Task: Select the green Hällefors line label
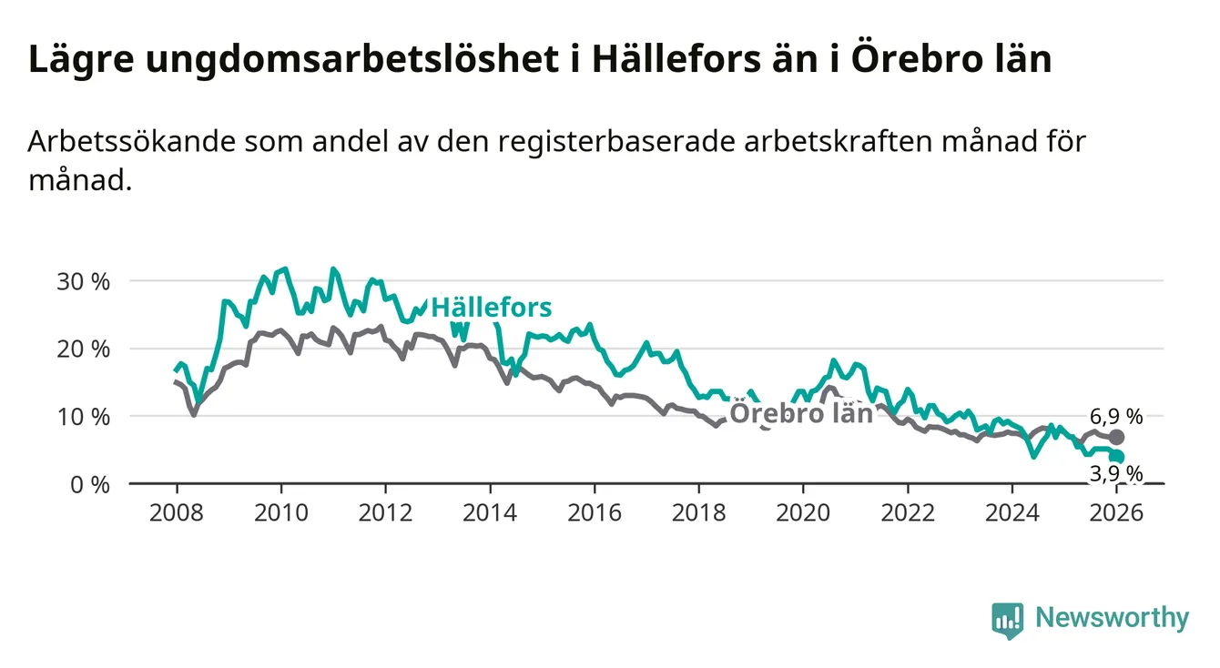491,308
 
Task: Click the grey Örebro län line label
801,413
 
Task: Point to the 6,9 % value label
1115,417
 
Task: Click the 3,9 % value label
1115,473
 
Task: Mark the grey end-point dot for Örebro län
1117,437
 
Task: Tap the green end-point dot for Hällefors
1117,457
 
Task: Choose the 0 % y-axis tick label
89,484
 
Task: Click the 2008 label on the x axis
176,512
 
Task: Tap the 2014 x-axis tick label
490,512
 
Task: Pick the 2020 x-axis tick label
803,512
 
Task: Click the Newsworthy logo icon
1007,620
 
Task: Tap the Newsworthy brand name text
1112,619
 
